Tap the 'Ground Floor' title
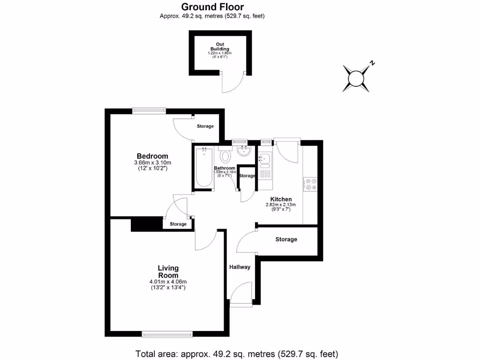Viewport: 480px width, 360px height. click(212, 7)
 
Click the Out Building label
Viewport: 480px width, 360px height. click(219, 46)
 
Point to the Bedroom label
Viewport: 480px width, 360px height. click(152, 156)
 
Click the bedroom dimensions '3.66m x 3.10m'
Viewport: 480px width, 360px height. click(152, 163)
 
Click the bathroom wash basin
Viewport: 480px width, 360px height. click(243, 151)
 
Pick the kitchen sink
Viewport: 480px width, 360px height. click(264, 159)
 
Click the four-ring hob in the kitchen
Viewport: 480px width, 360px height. click(310, 184)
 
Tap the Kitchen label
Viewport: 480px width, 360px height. click(281, 199)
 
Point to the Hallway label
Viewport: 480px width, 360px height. click(240, 267)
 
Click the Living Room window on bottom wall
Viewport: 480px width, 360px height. click(167, 334)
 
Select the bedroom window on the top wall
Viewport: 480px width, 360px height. click(149, 111)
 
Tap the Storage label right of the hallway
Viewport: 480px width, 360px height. click(286, 240)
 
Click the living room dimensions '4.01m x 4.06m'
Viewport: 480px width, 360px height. click(168, 282)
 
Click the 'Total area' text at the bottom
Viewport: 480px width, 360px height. click(237, 353)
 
